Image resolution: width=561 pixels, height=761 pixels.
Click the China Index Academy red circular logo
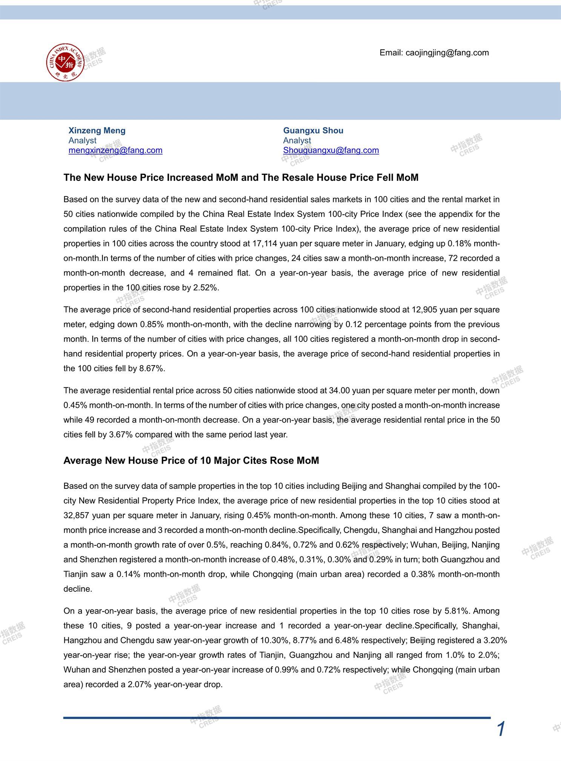pyautogui.click(x=65, y=62)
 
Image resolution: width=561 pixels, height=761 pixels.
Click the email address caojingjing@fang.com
pyautogui.click(x=447, y=53)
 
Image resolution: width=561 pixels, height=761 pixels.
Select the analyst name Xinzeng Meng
pyautogui.click(x=97, y=130)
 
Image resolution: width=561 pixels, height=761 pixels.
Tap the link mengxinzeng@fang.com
pyautogui.click(x=115, y=150)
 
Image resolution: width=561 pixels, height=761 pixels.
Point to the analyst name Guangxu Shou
pyautogui.click(x=313, y=130)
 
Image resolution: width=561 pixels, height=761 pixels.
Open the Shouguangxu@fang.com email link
pyautogui.click(x=331, y=150)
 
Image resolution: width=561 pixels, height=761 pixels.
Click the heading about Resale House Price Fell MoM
pyautogui.click(x=241, y=178)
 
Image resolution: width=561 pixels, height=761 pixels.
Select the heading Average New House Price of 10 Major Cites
pyautogui.click(x=191, y=461)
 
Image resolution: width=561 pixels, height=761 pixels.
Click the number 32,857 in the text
pyautogui.click(x=77, y=515)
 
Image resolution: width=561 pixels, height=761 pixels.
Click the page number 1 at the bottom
pyautogui.click(x=501, y=729)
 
